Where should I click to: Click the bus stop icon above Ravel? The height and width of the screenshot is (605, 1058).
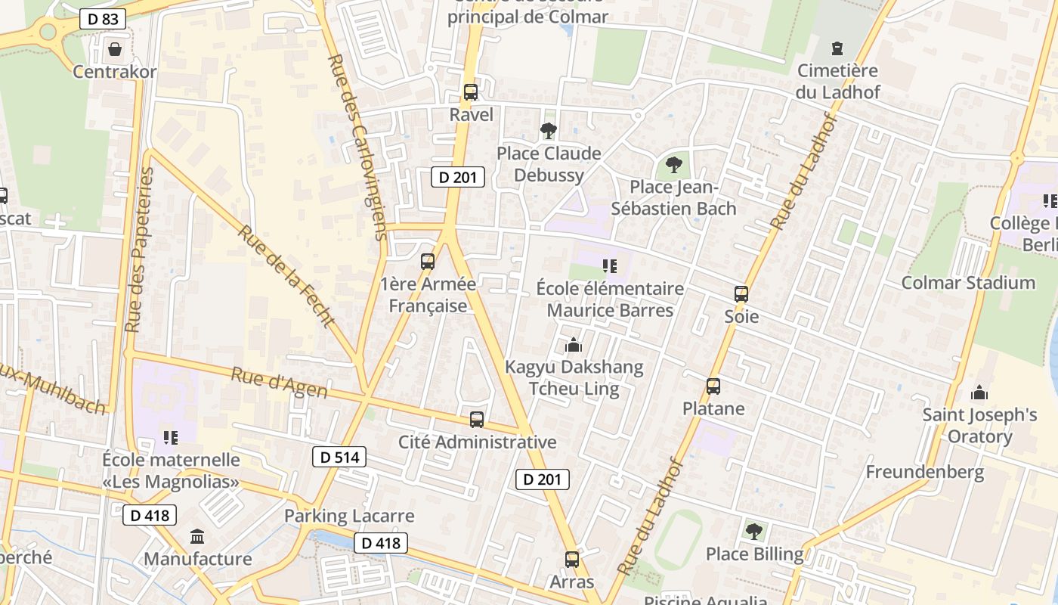click(471, 92)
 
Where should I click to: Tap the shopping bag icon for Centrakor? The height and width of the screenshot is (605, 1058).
click(115, 50)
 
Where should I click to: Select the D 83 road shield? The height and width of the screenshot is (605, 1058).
click(103, 19)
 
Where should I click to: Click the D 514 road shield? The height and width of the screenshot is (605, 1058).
click(339, 457)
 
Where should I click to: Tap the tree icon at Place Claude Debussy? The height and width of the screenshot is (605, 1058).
click(549, 131)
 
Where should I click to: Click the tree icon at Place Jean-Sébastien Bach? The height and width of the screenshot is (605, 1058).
click(673, 164)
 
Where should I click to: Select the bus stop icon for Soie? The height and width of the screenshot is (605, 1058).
click(741, 294)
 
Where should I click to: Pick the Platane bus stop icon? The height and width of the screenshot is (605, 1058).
click(713, 386)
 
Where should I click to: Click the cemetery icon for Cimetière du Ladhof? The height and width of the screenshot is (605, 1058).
click(837, 49)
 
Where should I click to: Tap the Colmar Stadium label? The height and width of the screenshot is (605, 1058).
click(968, 283)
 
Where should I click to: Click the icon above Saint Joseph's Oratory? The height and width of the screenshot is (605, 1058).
click(979, 392)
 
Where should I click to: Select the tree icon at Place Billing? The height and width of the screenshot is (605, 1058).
click(753, 532)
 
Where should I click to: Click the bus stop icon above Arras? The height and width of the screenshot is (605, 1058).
click(572, 560)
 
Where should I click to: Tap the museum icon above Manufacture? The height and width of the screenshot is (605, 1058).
click(197, 537)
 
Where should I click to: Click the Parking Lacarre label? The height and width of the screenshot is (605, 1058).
click(349, 516)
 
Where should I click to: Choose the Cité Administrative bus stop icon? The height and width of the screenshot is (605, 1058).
click(477, 420)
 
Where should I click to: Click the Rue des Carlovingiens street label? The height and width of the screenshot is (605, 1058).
click(357, 147)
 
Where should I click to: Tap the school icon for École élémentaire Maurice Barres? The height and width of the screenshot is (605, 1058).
click(610, 265)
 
